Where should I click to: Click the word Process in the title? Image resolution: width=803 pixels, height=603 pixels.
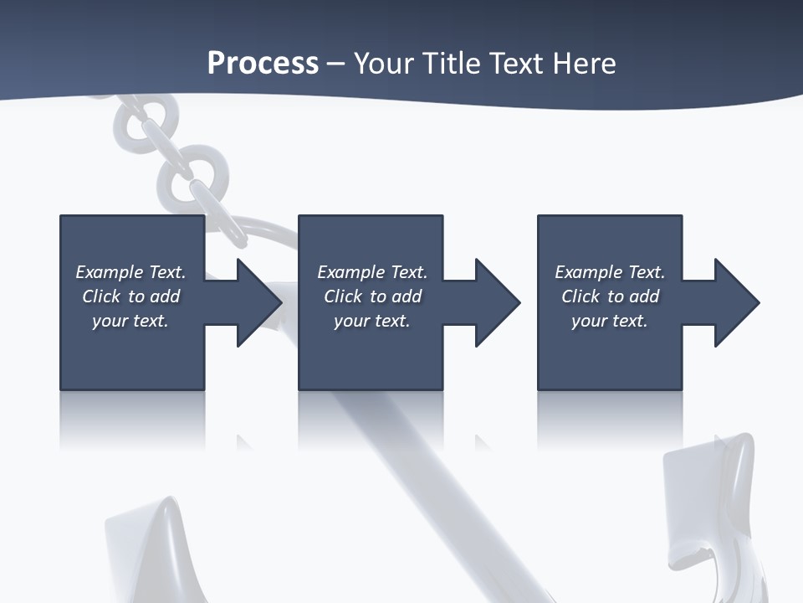click(263, 64)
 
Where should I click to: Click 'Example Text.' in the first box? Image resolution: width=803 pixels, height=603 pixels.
click(130, 272)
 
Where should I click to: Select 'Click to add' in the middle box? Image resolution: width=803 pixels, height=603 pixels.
click(372, 296)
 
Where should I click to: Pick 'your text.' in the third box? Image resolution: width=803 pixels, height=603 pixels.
click(609, 321)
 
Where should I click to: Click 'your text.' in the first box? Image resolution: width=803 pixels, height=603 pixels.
click(130, 321)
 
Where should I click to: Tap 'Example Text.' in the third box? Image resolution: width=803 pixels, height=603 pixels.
click(610, 272)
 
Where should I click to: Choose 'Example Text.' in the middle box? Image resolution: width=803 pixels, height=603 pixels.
click(372, 272)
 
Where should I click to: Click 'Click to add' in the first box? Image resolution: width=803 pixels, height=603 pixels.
click(130, 296)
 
